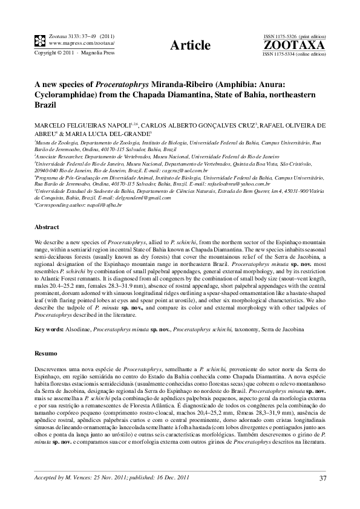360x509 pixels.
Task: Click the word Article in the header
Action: (191, 45)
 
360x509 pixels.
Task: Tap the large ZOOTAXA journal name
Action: (294, 45)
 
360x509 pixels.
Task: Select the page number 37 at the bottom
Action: (322, 479)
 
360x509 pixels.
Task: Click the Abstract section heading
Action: (47, 226)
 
